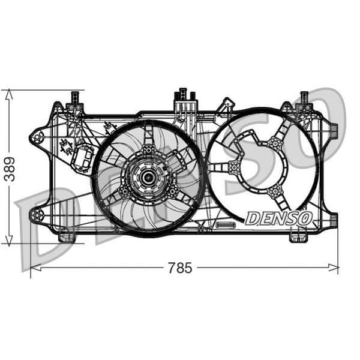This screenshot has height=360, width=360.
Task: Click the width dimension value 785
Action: coord(180,268)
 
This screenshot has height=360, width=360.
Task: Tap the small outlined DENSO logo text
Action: coord(278,218)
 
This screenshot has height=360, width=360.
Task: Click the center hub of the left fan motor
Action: coord(147,178)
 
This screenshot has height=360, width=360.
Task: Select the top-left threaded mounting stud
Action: coord(75,98)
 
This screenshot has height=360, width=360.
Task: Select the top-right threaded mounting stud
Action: coord(304,98)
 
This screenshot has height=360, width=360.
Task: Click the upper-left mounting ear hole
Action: coord(38,137)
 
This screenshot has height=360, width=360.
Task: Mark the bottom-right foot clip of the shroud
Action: coord(298,236)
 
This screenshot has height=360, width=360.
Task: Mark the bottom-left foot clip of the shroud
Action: coord(67,236)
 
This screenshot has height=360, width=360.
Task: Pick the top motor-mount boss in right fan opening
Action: coord(275,143)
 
